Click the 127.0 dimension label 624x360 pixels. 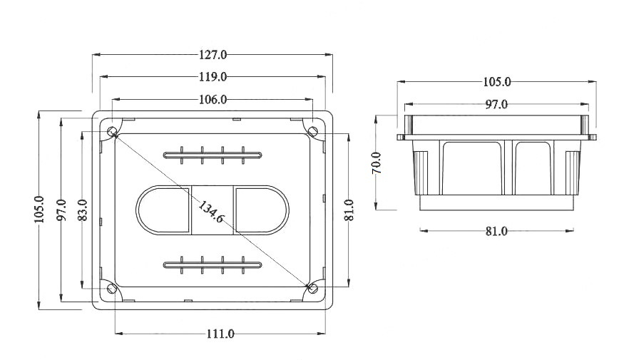point(213,54)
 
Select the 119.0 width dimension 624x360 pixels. point(213,77)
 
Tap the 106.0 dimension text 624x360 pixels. point(213,100)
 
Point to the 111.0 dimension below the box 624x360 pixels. point(220,334)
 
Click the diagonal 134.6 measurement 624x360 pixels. point(211,212)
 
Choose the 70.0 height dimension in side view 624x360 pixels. point(376,163)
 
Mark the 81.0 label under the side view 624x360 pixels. point(496,231)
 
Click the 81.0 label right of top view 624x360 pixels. point(349,210)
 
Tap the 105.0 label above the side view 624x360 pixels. point(496,82)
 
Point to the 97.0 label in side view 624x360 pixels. point(496,104)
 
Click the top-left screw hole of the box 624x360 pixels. point(112,131)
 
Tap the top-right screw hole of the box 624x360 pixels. point(313,131)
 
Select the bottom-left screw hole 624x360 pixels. point(112,288)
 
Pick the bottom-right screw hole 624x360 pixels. point(313,288)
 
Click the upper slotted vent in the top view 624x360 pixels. point(213,155)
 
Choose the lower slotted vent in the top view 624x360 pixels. point(213,265)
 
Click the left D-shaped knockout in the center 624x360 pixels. point(163,210)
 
